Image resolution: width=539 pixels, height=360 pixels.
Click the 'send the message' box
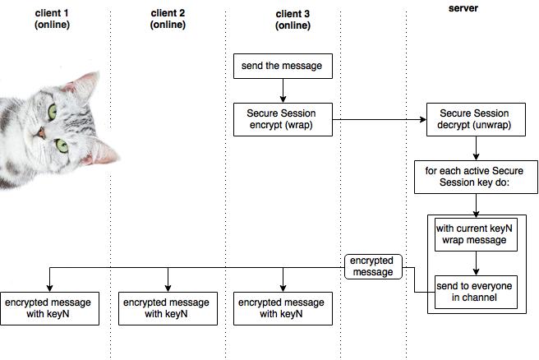pyautogui.click(x=283, y=66)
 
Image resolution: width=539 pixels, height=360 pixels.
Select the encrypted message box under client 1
pyautogui.click(x=49, y=307)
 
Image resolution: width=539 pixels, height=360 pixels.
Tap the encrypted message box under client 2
pyautogui.click(x=168, y=307)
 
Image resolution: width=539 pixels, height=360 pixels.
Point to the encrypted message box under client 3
pyautogui.click(x=283, y=307)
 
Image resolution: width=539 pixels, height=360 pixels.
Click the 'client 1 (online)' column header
pyautogui.click(x=52, y=19)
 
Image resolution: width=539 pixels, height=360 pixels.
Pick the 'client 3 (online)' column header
pyautogui.click(x=293, y=19)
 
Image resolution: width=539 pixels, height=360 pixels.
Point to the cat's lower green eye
pyautogui.click(x=62, y=145)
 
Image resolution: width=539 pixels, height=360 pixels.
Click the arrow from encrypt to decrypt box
pyautogui.click(x=378, y=120)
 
